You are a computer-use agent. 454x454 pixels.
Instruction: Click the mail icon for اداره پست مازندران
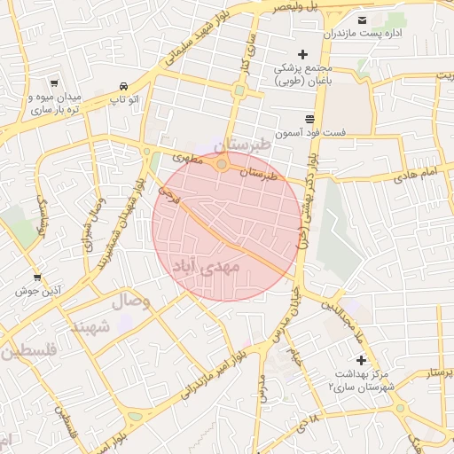point(362,20)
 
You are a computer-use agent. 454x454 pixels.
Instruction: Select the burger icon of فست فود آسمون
point(309,118)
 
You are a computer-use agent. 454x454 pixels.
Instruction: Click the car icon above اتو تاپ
point(123,86)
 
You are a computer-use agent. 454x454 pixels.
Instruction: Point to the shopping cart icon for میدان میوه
point(55,81)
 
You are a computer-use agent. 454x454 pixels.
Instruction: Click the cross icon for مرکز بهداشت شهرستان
point(360,360)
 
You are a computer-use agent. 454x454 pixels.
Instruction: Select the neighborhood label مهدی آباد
point(204,264)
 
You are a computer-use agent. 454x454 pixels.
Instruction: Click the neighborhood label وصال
point(129,301)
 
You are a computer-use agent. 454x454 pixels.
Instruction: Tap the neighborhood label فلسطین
point(28,351)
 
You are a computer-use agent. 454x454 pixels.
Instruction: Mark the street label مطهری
point(187,157)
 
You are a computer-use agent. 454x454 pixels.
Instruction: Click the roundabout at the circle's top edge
point(222,164)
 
